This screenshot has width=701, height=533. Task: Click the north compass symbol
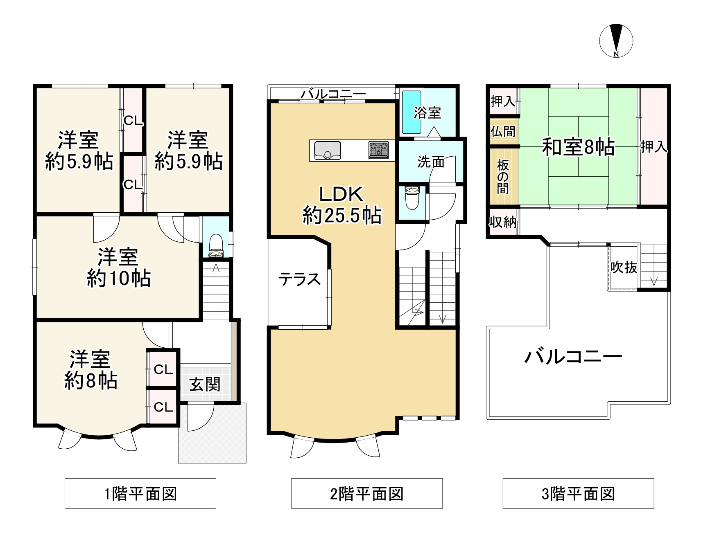pos(616,41)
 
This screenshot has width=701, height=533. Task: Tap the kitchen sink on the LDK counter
pos(328,150)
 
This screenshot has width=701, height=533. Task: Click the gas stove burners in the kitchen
pos(378,150)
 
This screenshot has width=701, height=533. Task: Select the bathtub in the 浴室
pos(412,112)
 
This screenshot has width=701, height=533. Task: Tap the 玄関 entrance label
pos(205,384)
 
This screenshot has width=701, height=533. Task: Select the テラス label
pos(299,279)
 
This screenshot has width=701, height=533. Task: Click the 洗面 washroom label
pos(431,162)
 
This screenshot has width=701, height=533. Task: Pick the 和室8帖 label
pos(578,147)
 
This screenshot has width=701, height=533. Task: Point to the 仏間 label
pos(503,131)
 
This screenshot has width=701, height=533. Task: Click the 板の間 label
pos(503,177)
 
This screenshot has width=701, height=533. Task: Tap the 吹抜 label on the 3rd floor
pos(624,267)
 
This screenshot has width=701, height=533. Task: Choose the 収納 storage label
pos(503,222)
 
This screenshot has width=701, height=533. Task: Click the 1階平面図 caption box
pos(140,493)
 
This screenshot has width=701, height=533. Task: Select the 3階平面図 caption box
pos(578,493)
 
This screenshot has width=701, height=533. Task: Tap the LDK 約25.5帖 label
pos(342,205)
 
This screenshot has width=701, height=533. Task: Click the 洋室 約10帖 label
pos(119,268)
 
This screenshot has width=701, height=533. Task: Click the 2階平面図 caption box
pos(367,493)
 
